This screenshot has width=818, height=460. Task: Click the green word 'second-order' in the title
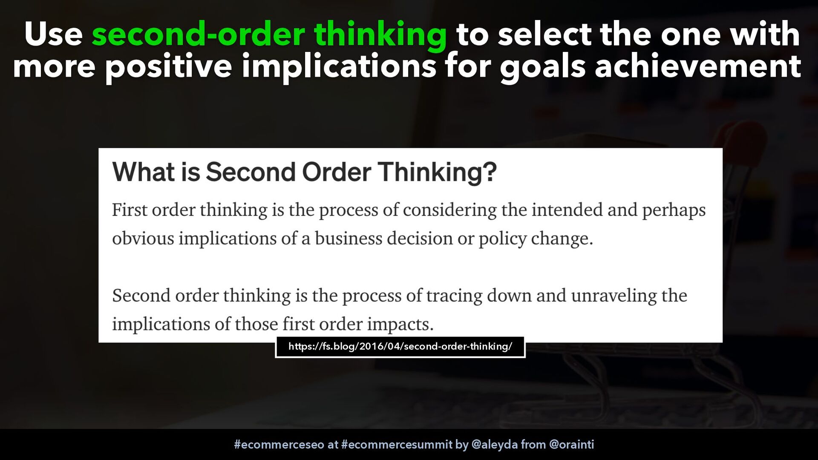[x=198, y=34]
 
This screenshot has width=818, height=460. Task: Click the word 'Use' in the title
[x=53, y=34]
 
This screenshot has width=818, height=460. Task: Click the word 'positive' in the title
[x=169, y=67]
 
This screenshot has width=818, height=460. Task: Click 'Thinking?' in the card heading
[x=438, y=172]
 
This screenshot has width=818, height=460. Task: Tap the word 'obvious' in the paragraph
[x=143, y=239]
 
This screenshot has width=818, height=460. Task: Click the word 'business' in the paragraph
[x=349, y=239]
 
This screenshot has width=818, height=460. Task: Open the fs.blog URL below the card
[x=400, y=347]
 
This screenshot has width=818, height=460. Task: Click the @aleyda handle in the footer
[x=495, y=445]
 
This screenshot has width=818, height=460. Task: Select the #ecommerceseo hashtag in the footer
[x=279, y=445]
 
